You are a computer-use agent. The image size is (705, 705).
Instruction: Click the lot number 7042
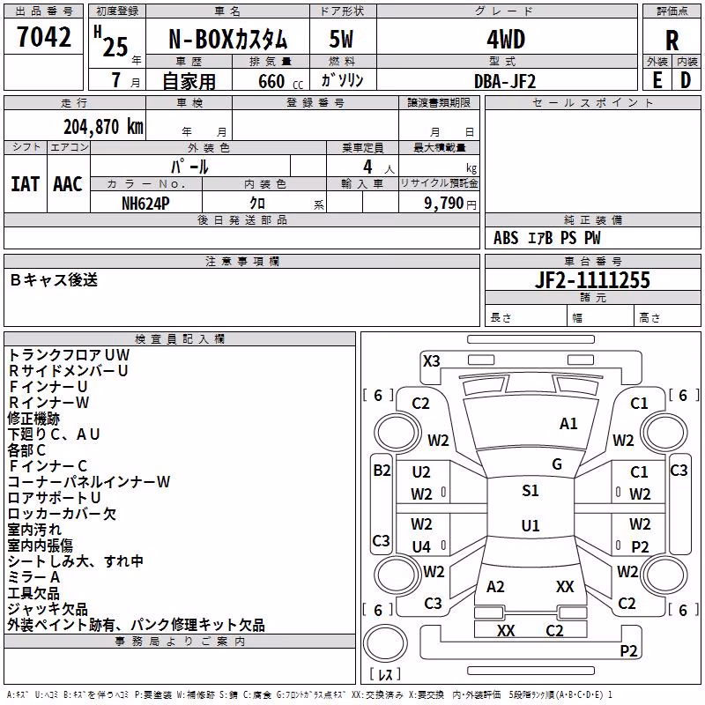click(44, 37)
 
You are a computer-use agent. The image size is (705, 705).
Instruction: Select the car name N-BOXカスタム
click(227, 40)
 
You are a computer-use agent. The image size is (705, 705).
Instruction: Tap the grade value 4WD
click(506, 40)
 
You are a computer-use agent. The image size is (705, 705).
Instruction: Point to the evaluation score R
click(672, 41)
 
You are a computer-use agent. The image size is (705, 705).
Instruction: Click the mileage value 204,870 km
click(103, 127)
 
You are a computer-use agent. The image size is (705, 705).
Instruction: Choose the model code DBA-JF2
click(505, 81)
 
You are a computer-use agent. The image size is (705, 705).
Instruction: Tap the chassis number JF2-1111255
click(592, 280)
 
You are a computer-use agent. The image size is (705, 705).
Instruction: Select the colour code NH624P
click(145, 204)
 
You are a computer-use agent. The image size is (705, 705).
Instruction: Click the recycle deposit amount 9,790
click(443, 204)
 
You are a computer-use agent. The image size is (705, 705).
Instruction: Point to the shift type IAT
click(25, 184)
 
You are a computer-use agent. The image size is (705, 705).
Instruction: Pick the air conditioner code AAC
click(68, 184)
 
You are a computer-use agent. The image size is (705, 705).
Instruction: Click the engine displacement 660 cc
click(280, 81)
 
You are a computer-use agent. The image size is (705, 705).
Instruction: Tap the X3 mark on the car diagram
click(432, 361)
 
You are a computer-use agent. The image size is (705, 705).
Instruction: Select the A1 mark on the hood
click(568, 424)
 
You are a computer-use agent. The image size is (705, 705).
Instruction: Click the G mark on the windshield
click(557, 464)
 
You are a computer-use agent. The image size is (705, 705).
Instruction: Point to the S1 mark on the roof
click(531, 491)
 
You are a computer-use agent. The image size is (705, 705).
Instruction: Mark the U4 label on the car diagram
click(421, 546)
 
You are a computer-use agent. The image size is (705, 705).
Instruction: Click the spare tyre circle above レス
click(385, 643)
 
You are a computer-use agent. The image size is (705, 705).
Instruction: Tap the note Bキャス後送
click(54, 279)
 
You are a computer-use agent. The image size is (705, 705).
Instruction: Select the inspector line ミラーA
click(33, 577)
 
